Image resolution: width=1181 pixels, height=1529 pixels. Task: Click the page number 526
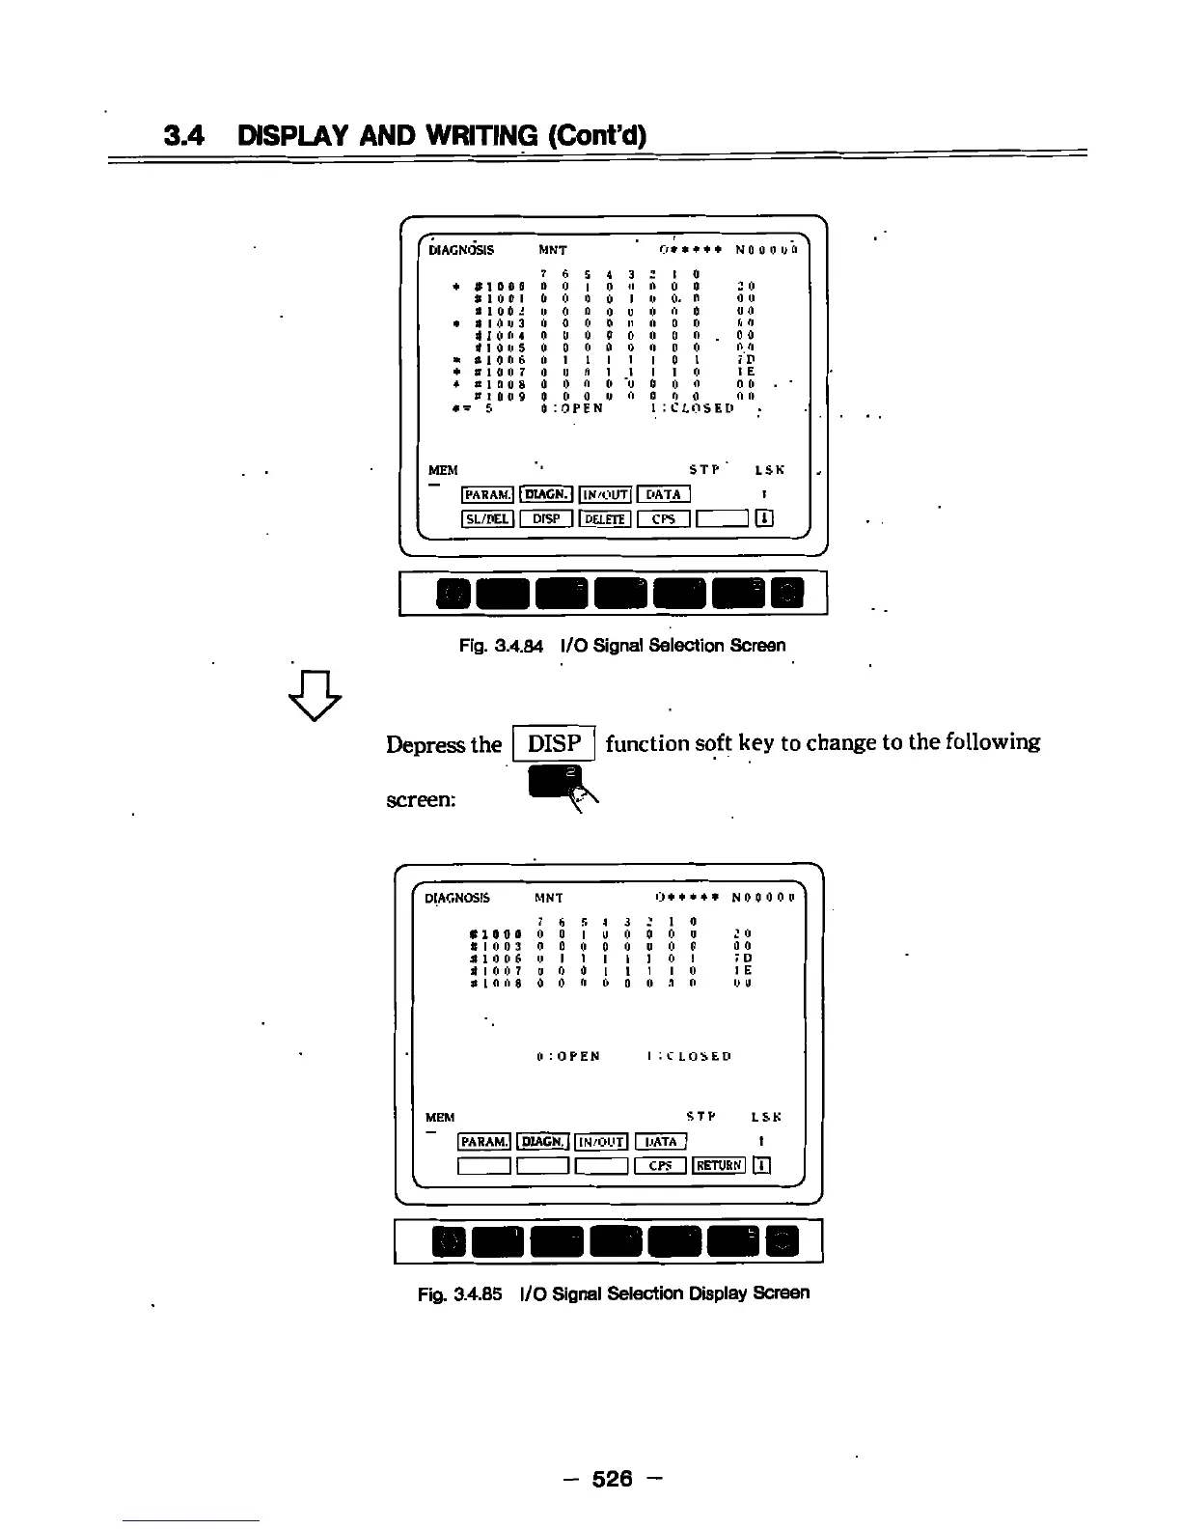(612, 1478)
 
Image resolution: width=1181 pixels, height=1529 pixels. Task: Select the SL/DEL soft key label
(487, 518)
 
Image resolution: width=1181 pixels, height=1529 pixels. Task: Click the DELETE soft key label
(605, 518)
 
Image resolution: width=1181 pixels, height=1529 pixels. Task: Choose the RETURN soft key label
(719, 1165)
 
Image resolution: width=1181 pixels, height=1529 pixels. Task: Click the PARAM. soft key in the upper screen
(487, 495)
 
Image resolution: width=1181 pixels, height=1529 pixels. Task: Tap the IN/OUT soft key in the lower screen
(601, 1142)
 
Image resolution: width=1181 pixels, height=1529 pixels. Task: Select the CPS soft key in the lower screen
(661, 1165)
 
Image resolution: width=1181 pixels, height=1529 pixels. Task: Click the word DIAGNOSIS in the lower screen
(457, 898)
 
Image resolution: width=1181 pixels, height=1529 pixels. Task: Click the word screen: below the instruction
(421, 800)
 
